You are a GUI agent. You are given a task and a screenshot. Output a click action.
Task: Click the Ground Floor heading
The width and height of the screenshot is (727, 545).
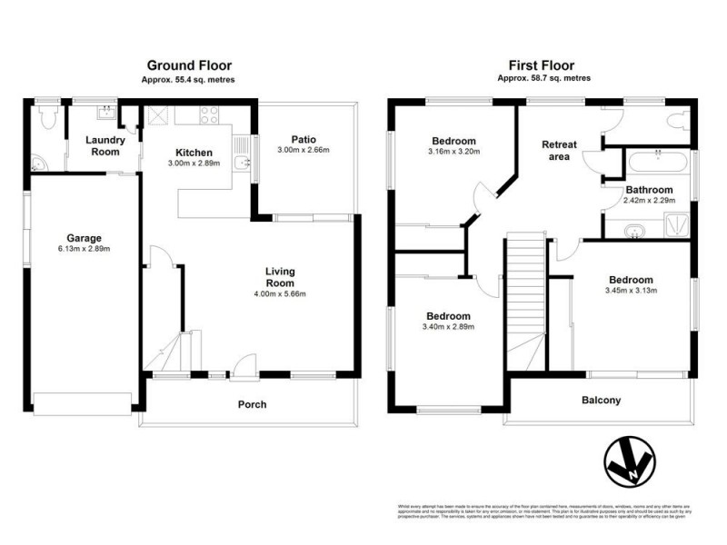click(189, 65)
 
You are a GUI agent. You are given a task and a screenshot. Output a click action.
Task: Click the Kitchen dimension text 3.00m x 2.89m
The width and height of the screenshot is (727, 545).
click(194, 163)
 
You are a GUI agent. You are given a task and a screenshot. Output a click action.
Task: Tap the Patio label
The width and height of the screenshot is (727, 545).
click(303, 140)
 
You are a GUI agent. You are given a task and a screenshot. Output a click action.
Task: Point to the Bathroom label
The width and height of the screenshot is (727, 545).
click(649, 190)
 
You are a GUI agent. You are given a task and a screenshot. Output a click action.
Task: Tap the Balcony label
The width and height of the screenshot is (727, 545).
click(601, 400)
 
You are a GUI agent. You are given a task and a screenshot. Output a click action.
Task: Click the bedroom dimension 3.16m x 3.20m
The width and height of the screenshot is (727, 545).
click(454, 152)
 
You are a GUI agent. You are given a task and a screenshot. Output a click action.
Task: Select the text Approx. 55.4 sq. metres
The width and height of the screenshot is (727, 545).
click(188, 79)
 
